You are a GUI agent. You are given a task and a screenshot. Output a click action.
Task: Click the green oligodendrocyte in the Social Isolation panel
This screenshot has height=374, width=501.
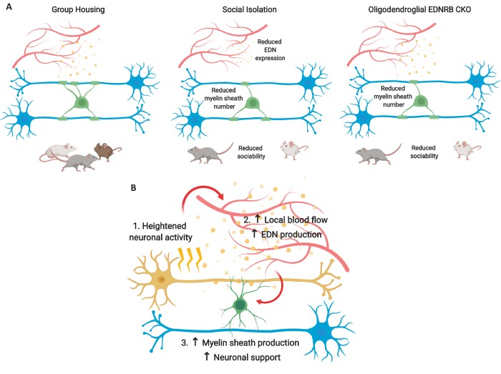pyautogui.click(x=254, y=104)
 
